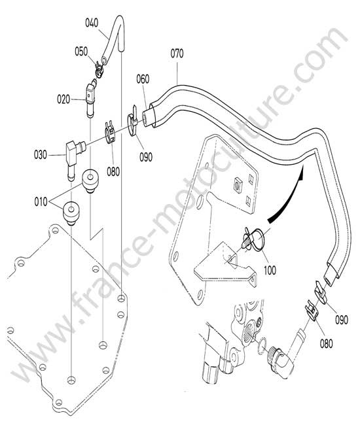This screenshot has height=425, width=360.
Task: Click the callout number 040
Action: pos(92,23)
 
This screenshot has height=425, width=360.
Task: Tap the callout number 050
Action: pos(81,52)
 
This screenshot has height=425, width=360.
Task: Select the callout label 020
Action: pos(63,99)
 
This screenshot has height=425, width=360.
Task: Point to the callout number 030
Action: pos(41,155)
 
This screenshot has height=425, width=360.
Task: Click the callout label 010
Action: pos(41,202)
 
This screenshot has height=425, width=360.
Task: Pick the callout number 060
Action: pos(143,79)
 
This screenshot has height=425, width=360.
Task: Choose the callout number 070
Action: pos(177,54)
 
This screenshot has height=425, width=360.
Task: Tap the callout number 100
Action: pos(270,270)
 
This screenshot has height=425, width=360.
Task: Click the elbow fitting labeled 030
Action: pos(74,158)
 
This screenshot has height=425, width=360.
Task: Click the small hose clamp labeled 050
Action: pos(99,70)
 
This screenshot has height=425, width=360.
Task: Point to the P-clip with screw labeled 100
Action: pos(253,238)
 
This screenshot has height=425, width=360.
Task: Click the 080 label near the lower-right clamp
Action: pos(326,344)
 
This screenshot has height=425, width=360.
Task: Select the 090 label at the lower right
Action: pos(342,320)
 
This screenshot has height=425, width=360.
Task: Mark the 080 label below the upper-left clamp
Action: pos(113,171)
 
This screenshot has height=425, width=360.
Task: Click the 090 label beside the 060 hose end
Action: pos(146,157)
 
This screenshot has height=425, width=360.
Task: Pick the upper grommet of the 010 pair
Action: pos(90,180)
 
